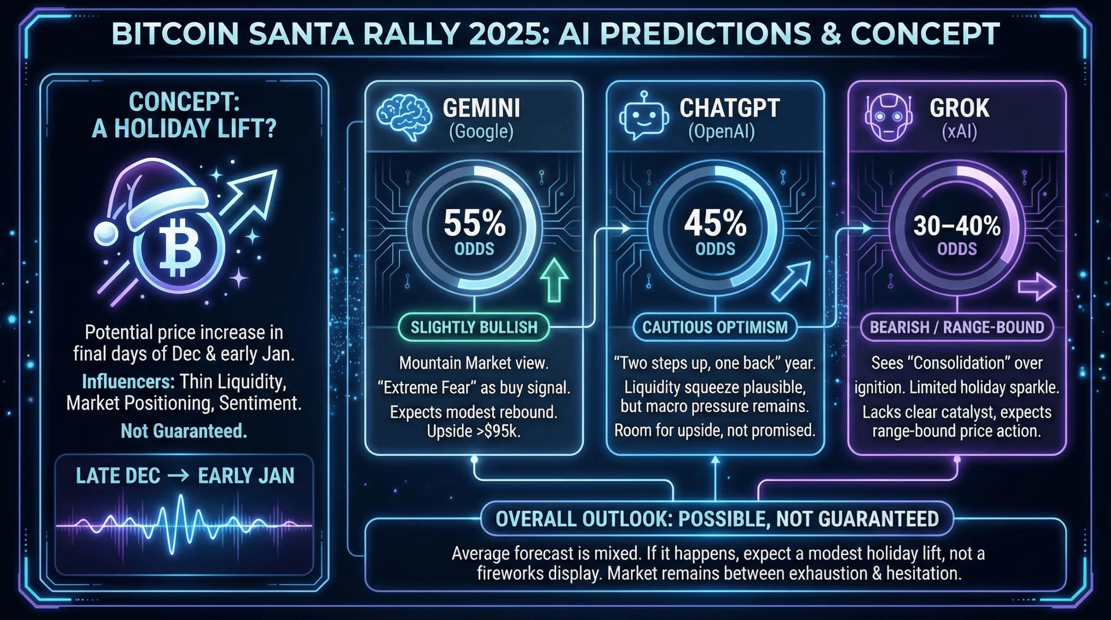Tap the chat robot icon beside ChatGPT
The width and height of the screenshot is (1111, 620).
[641, 116]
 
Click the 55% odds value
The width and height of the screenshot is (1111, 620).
[474, 224]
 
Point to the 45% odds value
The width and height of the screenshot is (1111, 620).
[715, 224]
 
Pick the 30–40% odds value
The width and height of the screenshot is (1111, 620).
[957, 226]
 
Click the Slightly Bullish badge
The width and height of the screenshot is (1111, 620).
[474, 327]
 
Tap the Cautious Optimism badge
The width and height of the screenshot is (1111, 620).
[715, 327]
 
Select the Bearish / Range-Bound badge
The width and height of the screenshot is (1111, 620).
[957, 327]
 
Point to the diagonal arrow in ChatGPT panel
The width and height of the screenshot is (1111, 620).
[791, 281]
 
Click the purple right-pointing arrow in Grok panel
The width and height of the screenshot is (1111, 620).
[1036, 287]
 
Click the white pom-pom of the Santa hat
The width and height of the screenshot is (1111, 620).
[106, 234]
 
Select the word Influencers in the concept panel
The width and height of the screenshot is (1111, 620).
[128, 382]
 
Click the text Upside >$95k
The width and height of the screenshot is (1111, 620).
[473, 431]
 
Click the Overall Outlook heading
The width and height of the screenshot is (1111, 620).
[717, 519]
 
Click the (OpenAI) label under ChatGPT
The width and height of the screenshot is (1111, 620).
[721, 131]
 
